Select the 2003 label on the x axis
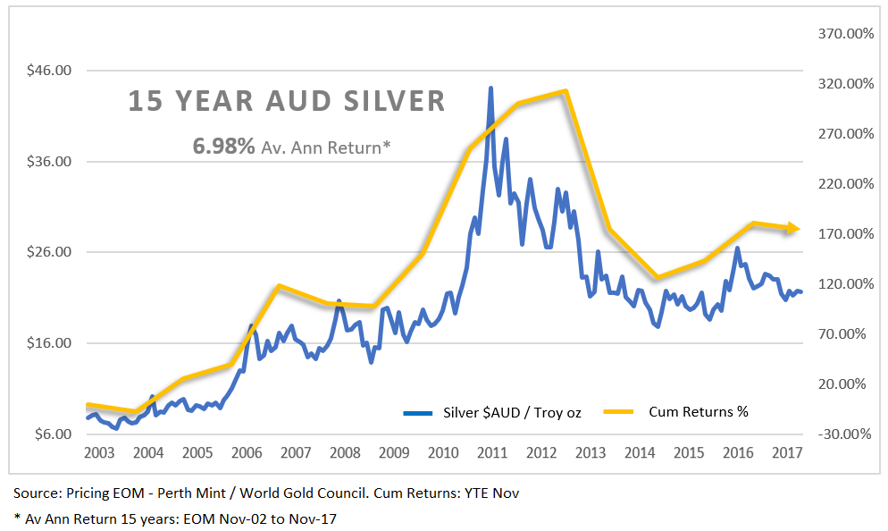click(99, 452)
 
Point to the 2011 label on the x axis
click(491, 452)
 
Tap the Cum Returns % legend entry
click(698, 412)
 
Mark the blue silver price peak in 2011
click(490, 88)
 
